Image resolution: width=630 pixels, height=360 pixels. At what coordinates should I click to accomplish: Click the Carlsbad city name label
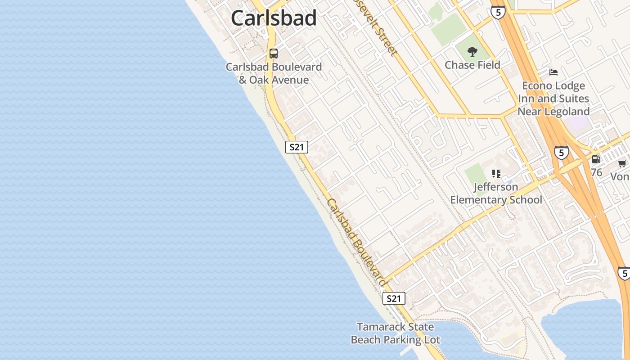point(274,18)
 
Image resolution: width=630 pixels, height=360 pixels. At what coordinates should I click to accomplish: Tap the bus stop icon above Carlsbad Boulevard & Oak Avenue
point(274,54)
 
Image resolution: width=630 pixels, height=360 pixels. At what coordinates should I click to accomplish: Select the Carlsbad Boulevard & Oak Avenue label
point(274,73)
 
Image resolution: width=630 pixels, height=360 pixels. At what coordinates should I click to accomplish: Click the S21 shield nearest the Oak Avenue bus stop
point(297,147)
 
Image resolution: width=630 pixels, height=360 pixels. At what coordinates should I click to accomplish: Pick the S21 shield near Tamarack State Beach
point(394,298)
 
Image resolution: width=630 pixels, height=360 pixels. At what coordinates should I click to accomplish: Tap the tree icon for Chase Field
point(472,52)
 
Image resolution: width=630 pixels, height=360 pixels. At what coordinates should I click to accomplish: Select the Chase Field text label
point(472,65)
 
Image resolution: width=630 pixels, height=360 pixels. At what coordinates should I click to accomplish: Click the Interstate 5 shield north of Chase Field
point(498,12)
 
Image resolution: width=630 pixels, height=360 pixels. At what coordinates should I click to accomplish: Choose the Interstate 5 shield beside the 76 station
point(561,153)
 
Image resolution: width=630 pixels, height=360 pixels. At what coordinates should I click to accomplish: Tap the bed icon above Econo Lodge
point(553,72)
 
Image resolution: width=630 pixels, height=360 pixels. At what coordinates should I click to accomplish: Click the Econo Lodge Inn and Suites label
point(553,99)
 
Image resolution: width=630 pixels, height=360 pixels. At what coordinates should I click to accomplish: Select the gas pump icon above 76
point(596,159)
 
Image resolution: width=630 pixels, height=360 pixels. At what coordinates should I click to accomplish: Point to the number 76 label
point(596,172)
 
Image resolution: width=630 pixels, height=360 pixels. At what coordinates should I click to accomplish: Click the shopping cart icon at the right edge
point(622,163)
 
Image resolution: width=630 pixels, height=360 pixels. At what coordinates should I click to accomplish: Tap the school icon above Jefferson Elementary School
point(496,174)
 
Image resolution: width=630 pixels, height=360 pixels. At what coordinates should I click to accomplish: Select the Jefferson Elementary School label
point(496,193)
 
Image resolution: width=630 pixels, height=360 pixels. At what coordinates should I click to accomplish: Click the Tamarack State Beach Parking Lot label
point(395,333)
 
